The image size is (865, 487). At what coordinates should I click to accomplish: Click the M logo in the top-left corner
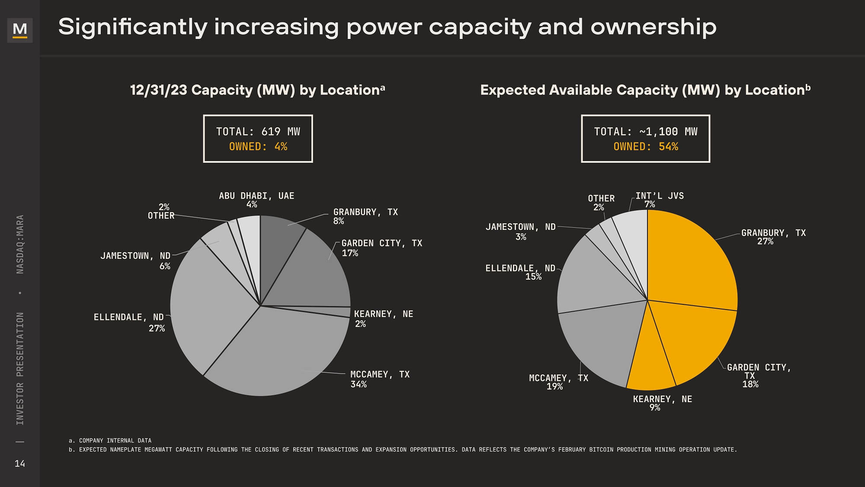pyautogui.click(x=20, y=30)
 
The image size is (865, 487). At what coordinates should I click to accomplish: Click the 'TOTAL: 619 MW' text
pyautogui.click(x=258, y=132)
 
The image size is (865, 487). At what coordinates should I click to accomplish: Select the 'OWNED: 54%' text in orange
pyautogui.click(x=646, y=147)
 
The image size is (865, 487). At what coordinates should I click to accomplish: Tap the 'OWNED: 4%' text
pyautogui.click(x=258, y=147)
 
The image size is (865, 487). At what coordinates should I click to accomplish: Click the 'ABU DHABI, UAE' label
pyautogui.click(x=256, y=196)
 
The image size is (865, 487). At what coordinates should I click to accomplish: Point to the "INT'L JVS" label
pyautogui.click(x=660, y=196)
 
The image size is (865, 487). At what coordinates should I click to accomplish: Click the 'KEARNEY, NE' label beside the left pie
pyautogui.click(x=383, y=314)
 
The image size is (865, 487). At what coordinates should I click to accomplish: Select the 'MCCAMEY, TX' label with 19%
pyautogui.click(x=558, y=378)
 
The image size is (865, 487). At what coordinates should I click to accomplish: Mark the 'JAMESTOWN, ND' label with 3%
pyautogui.click(x=520, y=227)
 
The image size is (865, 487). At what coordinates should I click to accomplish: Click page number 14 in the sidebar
pyautogui.click(x=20, y=464)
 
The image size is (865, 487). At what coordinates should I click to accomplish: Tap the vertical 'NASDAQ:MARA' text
pyautogui.click(x=20, y=244)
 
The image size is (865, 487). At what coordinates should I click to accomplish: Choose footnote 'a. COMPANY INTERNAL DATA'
pyautogui.click(x=110, y=441)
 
